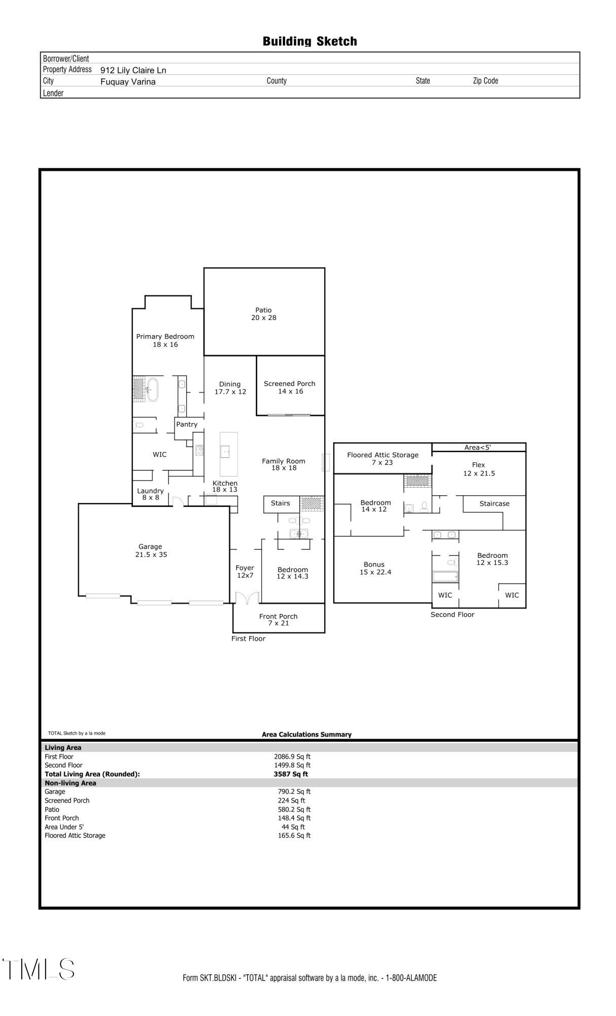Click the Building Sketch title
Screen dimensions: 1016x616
pos(310,41)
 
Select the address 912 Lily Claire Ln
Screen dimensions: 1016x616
pos(133,70)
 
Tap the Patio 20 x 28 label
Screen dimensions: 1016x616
pos(263,314)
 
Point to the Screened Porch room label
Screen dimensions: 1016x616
pos(290,387)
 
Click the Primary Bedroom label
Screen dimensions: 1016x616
pos(165,340)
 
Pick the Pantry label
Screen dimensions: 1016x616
pos(187,424)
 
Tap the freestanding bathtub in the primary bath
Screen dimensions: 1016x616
pos(153,390)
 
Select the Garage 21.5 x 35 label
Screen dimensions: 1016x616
pos(151,551)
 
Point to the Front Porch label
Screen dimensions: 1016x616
pos(278,620)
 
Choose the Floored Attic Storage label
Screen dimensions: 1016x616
pos(383,459)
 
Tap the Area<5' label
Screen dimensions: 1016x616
pos(477,448)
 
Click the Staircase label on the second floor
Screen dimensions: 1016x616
pos(494,504)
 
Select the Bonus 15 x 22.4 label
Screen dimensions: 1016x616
pos(374,568)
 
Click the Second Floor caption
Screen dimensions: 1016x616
pos(452,615)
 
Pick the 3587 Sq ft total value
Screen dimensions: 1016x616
pos(291,774)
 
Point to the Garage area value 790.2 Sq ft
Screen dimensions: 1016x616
pos(294,791)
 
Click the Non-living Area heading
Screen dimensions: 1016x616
pos(70,783)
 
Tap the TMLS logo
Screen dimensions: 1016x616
pos(39,969)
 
